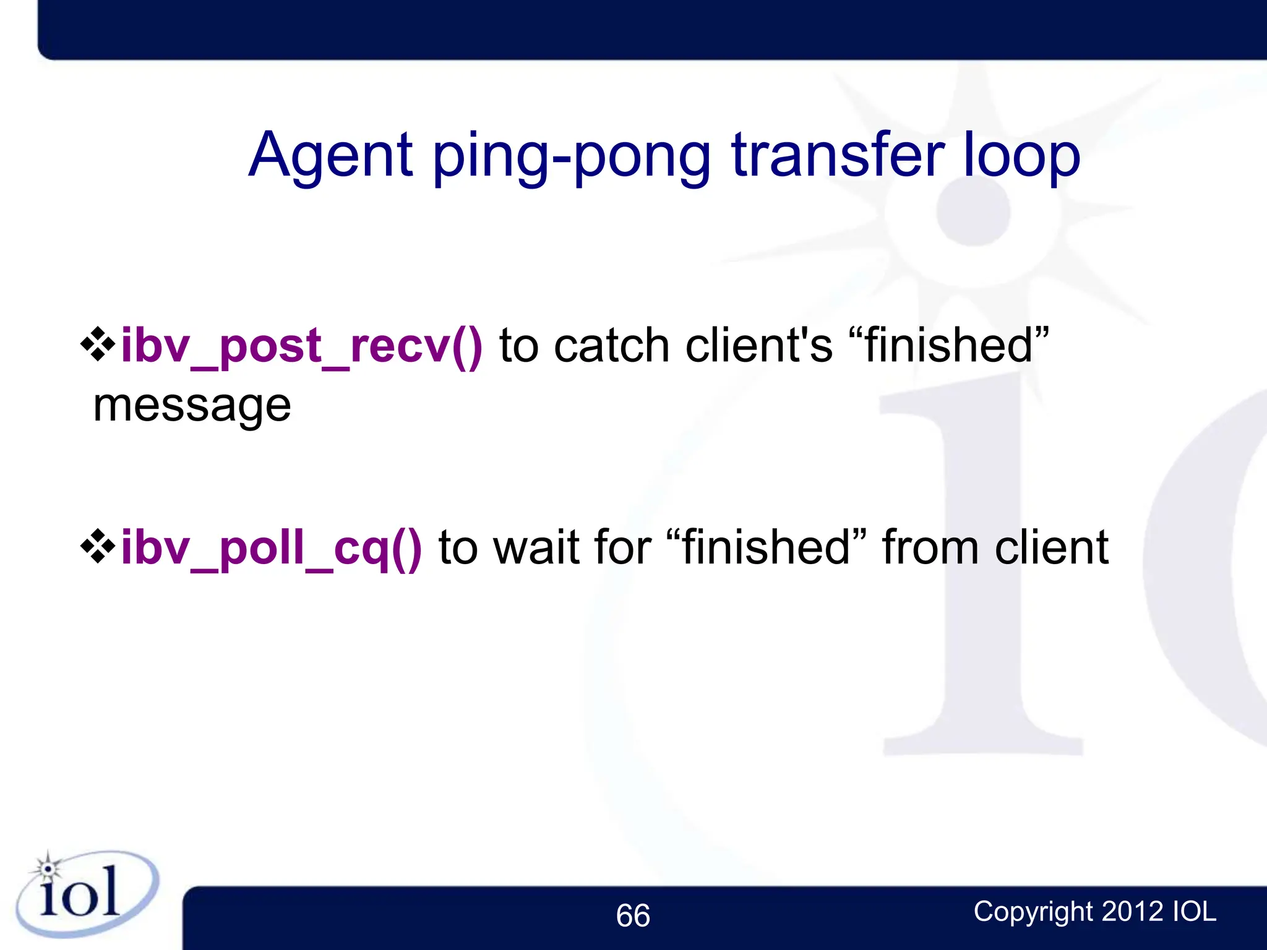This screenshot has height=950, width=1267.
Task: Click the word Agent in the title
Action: [x=331, y=156]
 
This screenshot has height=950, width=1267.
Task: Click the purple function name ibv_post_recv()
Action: [x=301, y=346]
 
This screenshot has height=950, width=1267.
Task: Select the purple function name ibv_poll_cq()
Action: [x=271, y=548]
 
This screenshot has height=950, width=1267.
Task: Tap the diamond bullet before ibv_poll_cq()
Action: [x=98, y=546]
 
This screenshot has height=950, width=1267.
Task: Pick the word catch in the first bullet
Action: [x=611, y=346]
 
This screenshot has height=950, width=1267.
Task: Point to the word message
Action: [x=192, y=406]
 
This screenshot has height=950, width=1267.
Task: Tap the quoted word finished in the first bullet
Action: [x=949, y=346]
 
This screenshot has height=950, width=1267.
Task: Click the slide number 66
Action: [x=633, y=915]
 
